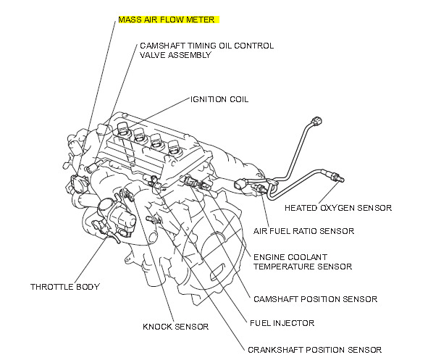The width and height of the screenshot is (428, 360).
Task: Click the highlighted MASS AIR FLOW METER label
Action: coord(167,20)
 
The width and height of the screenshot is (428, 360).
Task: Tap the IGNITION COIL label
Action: coord(219,99)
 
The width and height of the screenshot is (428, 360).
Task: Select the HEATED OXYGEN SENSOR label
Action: coord(338,208)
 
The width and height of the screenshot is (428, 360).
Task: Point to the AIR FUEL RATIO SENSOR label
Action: coord(304,231)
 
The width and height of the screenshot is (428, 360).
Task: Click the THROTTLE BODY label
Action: coord(65,287)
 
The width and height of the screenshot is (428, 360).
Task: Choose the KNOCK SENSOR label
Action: coord(176,327)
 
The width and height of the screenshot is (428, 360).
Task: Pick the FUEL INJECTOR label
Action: coord(282,323)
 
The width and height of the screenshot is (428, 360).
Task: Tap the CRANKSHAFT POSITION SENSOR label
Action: coord(315,350)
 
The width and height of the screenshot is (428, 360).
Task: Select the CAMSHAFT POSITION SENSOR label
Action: coord(316,299)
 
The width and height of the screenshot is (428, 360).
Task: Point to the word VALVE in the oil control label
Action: coord(152,55)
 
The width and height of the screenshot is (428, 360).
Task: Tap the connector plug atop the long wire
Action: coord(317,121)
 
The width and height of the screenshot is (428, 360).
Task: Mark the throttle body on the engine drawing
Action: coord(116,218)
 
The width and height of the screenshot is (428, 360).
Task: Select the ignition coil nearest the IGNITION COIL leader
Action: coord(123,129)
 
